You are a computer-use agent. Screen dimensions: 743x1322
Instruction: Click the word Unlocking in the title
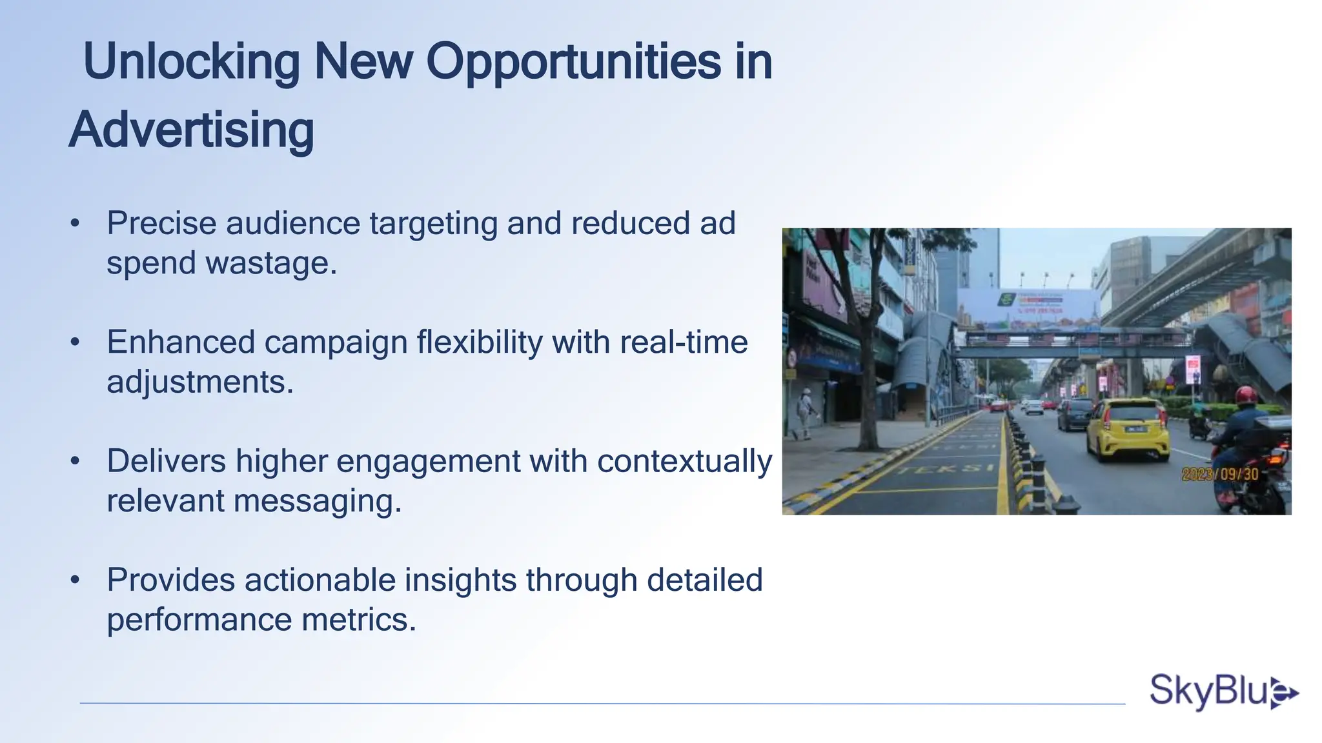[192, 62]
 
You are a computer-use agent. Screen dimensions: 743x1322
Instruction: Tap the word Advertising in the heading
[192, 130]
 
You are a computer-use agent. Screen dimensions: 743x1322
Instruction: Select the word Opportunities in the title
[573, 62]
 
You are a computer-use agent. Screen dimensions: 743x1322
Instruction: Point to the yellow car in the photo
[1127, 429]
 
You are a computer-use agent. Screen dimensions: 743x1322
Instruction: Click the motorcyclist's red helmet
[1245, 395]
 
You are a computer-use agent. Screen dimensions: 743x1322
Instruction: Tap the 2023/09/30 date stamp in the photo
[1220, 474]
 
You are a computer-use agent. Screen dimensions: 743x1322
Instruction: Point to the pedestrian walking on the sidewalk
[804, 413]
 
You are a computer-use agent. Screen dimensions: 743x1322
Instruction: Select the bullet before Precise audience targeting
[76, 224]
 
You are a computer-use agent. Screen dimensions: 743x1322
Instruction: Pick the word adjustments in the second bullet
[200, 382]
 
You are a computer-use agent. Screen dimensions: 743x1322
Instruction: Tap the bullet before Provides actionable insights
[76, 580]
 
